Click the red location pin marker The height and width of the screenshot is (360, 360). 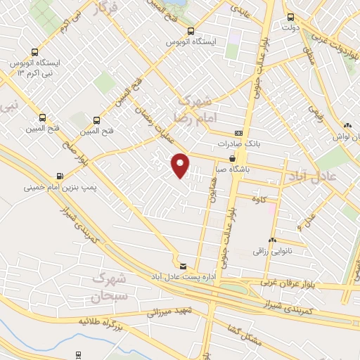181,165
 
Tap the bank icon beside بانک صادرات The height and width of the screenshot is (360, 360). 239,133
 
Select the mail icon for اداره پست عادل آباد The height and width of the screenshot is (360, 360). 183,266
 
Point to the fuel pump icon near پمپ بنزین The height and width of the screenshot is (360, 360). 59,176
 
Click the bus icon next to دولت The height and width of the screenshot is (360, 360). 290,18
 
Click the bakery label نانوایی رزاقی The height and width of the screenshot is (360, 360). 270,250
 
